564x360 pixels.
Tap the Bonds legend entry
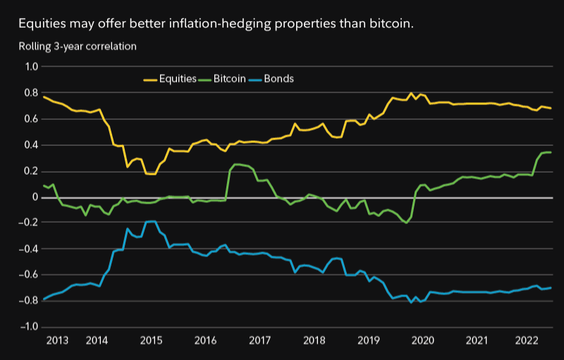pos(278,79)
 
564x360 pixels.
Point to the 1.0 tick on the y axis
pos(31,67)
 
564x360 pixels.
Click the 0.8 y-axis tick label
pos(31,93)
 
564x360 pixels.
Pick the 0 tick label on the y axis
pos(35,197)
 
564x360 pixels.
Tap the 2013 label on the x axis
pos(56,341)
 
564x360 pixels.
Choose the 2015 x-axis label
pos(151,341)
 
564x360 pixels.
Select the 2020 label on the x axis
pos(422,341)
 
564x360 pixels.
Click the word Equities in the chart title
pos(42,24)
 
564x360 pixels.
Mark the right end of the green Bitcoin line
pos(551,152)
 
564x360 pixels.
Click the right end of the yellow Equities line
pos(551,108)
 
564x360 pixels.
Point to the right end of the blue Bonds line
pos(551,287)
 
